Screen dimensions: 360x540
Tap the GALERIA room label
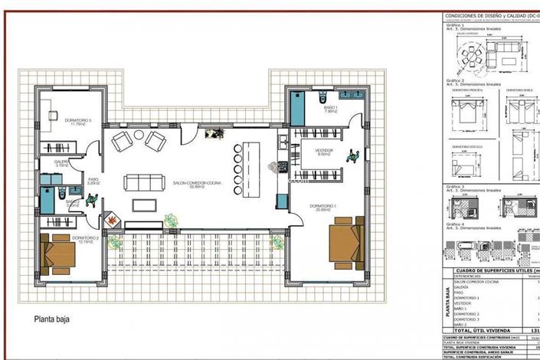click(61, 162)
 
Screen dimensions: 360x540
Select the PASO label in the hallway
click(93, 181)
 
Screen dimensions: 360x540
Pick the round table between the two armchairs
click(139, 136)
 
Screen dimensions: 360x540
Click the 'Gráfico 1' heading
click(456, 25)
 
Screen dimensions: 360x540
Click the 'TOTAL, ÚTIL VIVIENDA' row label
click(481, 329)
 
